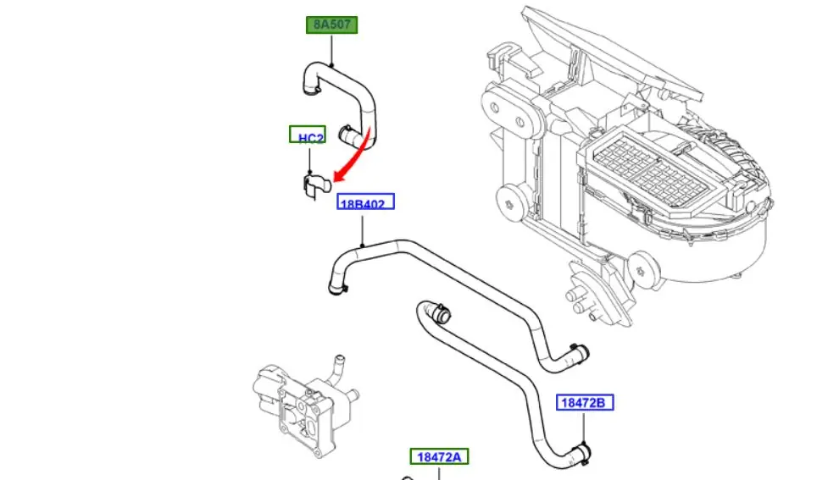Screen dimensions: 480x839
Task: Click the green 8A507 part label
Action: coord(331,25)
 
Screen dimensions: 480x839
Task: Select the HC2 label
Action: coord(307,136)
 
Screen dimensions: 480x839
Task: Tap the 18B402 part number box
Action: coord(366,203)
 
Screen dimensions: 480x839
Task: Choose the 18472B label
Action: coord(585,402)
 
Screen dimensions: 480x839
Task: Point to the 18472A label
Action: coord(439,457)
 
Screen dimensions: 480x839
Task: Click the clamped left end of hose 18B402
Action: coord(338,290)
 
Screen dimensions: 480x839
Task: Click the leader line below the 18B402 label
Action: coord(364,229)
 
